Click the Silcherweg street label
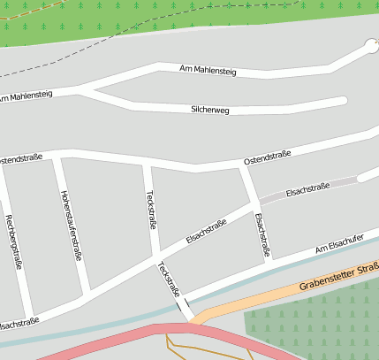click(209, 110)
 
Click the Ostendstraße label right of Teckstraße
click(267, 160)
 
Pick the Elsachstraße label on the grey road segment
click(307, 188)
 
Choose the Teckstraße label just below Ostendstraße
click(149, 209)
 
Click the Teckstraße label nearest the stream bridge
click(168, 279)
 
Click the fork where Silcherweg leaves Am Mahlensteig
click(81, 89)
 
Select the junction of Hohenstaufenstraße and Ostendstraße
click(57, 157)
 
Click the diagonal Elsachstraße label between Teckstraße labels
click(206, 232)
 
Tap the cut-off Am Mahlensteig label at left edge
click(25, 95)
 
